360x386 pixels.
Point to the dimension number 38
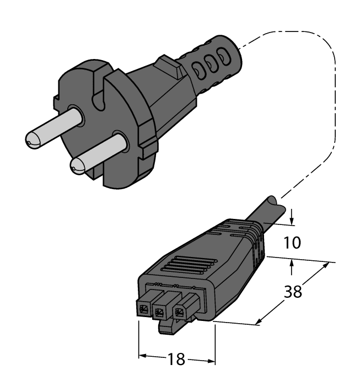[292, 291]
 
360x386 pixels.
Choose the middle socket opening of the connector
[160, 313]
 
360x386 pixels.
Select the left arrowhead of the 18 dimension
[141, 356]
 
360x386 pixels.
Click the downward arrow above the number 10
[292, 220]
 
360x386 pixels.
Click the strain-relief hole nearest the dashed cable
[223, 57]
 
